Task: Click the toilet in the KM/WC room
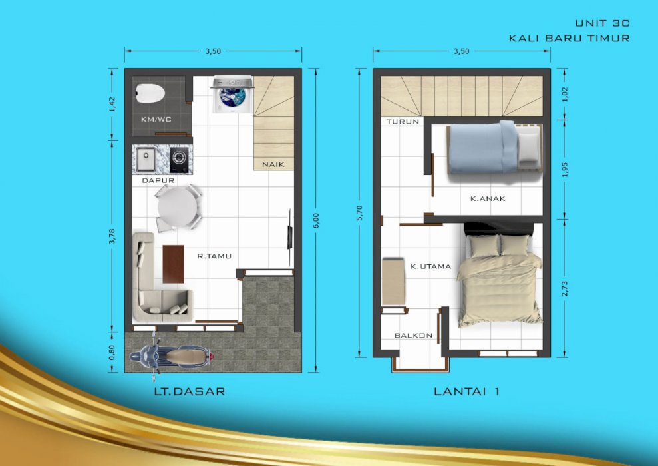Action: coord(150,93)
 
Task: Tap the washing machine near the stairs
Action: coord(232,95)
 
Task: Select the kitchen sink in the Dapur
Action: coord(146,160)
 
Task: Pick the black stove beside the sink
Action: coord(178,159)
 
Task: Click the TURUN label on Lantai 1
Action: coord(403,122)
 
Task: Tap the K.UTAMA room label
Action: coord(430,266)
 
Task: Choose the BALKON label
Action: coord(413,336)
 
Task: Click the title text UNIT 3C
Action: coord(601,23)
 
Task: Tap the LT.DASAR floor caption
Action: coord(189,391)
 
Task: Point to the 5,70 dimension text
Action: coord(360,212)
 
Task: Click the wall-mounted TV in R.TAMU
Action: coord(289,230)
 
